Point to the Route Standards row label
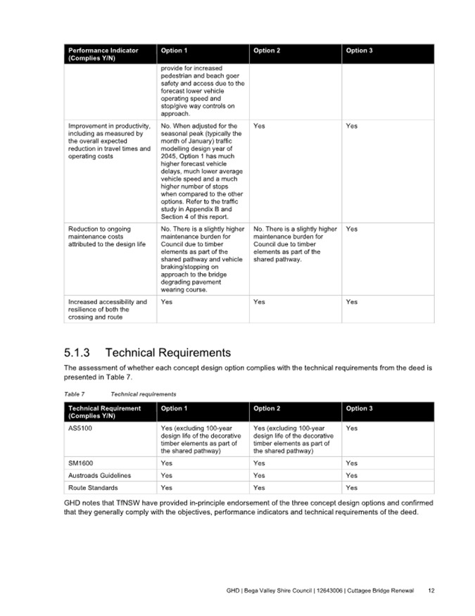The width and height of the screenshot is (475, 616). (93, 487)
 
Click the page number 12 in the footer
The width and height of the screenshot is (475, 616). (431, 590)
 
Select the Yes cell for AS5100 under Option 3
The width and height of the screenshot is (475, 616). (352, 427)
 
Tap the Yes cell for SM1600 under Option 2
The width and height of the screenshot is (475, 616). (259, 463)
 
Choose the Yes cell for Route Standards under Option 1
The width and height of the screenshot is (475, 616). (167, 487)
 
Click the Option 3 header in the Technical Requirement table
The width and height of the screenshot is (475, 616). (359, 408)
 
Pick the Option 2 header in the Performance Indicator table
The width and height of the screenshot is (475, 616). (267, 51)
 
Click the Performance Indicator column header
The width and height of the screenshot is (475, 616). (103, 51)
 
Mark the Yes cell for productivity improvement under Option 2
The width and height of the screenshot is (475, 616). (259, 126)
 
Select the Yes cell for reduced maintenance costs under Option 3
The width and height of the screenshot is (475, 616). (352, 229)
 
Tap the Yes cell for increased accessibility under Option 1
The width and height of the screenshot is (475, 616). (167, 302)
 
